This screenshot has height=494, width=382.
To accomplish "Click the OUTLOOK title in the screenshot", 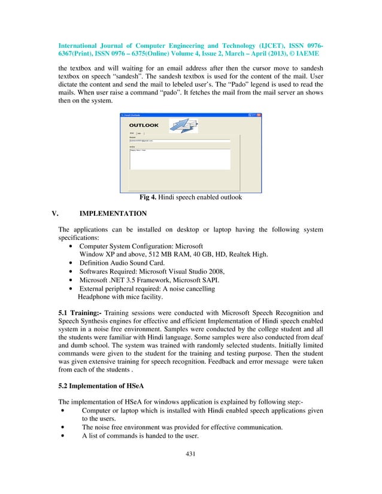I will [x=144, y=126].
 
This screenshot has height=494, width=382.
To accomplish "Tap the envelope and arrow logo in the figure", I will [x=183, y=124].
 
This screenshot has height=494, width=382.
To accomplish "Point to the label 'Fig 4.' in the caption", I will [x=148, y=197].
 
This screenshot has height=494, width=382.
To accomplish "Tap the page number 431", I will [x=191, y=471].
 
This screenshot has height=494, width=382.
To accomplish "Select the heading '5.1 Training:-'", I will [x=83, y=312].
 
